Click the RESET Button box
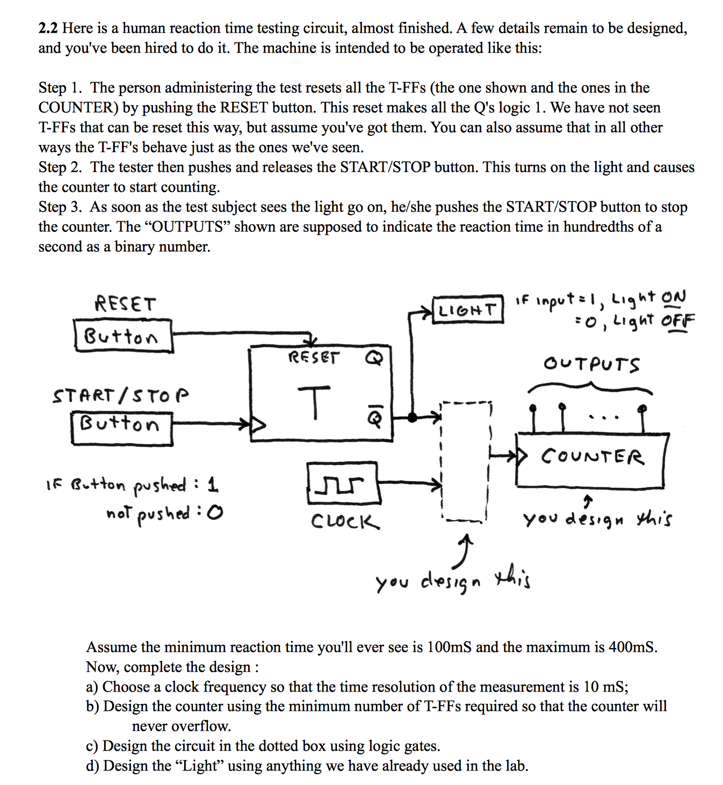click(x=124, y=336)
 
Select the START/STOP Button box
click(x=122, y=428)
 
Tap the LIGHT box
click(x=468, y=309)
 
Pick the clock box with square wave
click(x=344, y=483)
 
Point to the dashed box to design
click(x=465, y=461)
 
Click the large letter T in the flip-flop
click(x=315, y=402)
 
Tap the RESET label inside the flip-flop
click(x=314, y=357)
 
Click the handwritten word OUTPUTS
click(x=591, y=364)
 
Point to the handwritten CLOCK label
click(x=345, y=521)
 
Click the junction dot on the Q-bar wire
click(x=412, y=417)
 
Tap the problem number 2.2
click(x=48, y=28)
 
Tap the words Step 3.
click(x=60, y=207)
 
